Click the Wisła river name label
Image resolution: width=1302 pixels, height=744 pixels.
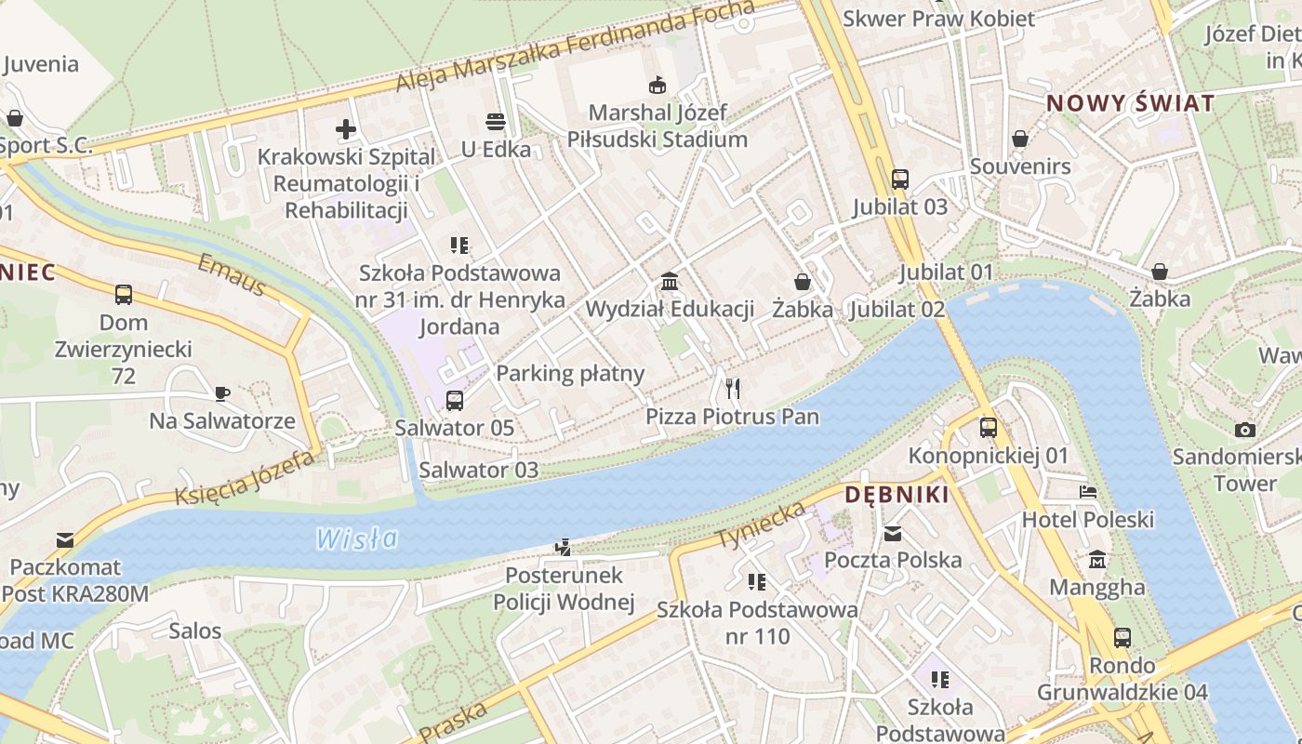click(356, 538)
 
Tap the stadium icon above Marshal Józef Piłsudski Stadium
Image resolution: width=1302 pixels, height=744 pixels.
click(658, 85)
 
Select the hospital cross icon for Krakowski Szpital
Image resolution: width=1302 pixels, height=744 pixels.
click(346, 129)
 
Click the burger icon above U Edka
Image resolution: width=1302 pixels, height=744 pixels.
click(495, 122)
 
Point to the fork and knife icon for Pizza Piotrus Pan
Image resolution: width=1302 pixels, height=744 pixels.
click(733, 388)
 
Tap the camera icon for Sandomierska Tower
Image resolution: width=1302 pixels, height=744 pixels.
click(1244, 430)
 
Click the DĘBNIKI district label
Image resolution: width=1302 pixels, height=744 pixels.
click(897, 495)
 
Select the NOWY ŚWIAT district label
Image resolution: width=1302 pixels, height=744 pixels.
click(1130, 103)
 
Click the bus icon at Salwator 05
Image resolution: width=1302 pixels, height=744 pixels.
click(454, 401)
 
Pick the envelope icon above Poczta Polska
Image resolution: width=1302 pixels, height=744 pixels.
click(893, 534)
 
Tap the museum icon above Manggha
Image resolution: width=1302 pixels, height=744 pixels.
click(1097, 561)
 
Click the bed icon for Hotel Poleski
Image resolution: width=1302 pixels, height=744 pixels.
click(1088, 492)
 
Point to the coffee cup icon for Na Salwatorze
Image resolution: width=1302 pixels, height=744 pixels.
click(222, 393)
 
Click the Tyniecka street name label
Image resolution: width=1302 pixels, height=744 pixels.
click(760, 525)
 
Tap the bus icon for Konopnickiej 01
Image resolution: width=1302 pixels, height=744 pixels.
click(988, 428)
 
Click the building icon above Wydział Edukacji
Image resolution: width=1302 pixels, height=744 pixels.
click(669, 282)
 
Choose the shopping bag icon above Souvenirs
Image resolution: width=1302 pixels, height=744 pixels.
click(1020, 139)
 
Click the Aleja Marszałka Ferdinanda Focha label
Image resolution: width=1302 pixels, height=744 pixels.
click(575, 46)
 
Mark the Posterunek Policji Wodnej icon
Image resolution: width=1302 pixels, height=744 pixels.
click(563, 548)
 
